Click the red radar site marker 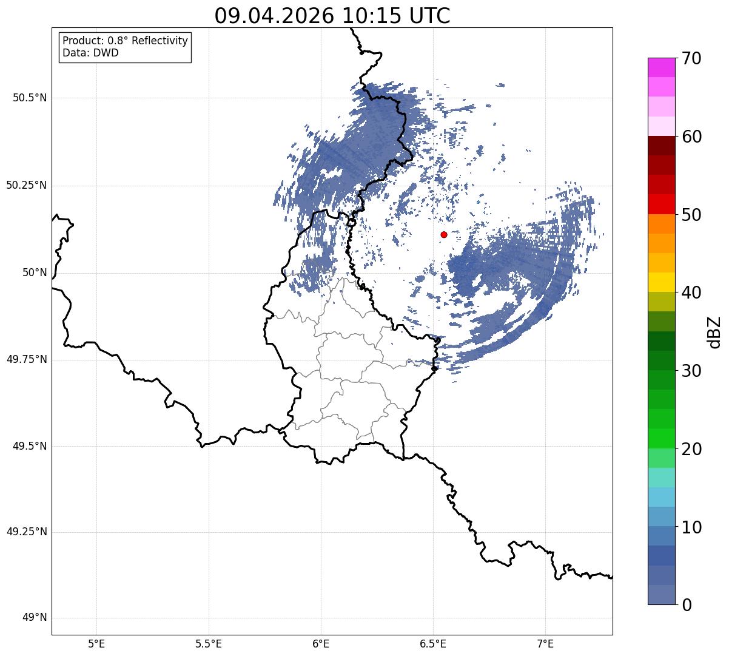444,234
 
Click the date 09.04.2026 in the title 274,16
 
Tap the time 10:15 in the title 372,16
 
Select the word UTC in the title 430,16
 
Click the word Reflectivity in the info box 160,41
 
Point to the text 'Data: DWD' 90,53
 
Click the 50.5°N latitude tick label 30,98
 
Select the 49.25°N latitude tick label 27,532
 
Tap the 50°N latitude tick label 35,272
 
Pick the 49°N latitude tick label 35,617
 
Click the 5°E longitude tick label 96,644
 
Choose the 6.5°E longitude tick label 433,644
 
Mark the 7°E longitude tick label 545,644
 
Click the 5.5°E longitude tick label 209,644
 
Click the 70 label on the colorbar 691,58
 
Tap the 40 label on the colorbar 691,292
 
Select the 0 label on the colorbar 687,605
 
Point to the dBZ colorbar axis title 714,333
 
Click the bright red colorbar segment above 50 662,205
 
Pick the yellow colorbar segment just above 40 662,282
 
